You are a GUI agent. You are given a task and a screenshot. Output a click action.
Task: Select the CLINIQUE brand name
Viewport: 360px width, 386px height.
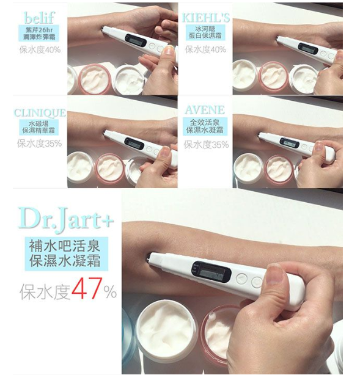click(x=40, y=114)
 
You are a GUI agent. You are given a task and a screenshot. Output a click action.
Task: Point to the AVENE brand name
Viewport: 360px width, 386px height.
click(x=205, y=111)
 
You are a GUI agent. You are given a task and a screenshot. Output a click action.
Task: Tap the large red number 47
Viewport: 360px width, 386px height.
click(x=86, y=289)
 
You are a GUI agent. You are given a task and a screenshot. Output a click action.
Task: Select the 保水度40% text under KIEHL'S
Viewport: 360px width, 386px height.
click(x=205, y=49)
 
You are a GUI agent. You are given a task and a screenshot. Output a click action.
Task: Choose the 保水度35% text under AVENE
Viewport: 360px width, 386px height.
click(x=207, y=145)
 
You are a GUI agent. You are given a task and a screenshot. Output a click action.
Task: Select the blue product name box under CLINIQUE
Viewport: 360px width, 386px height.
click(x=40, y=128)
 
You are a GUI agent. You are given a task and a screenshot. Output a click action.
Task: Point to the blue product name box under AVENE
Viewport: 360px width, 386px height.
click(x=205, y=127)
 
